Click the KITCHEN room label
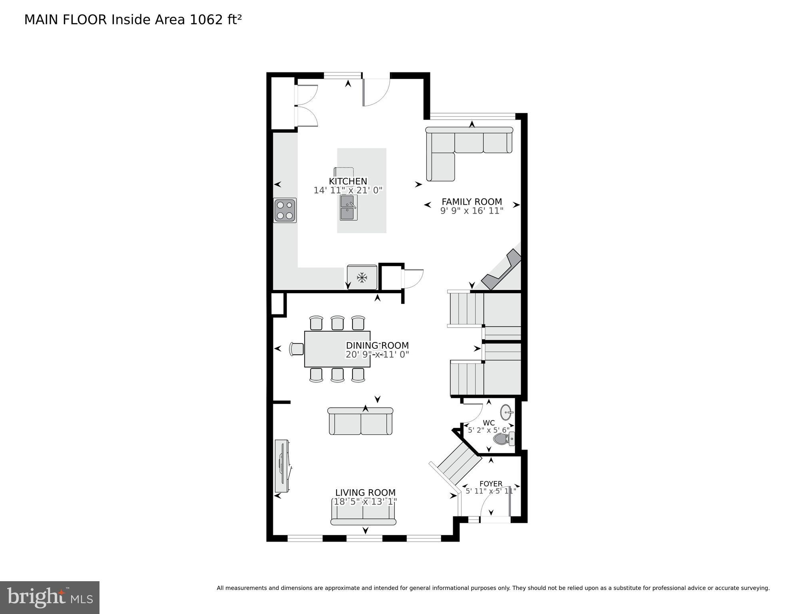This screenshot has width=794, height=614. (x=348, y=181)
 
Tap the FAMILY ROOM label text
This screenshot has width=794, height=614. (x=472, y=202)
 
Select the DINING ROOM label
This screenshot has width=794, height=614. (x=377, y=345)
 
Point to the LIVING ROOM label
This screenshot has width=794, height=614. (x=365, y=492)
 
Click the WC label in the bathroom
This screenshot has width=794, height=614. (x=489, y=423)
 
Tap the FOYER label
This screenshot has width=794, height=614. (x=491, y=484)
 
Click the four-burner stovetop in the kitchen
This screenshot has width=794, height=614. (x=285, y=210)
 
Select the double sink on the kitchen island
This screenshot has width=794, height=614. (x=349, y=208)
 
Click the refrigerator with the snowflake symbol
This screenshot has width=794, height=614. (x=362, y=277)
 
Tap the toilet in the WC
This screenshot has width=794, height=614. (x=503, y=439)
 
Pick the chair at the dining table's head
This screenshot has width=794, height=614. (x=297, y=349)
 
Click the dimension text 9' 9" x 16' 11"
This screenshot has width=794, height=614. (x=472, y=211)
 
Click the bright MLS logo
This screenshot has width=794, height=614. (x=50, y=597)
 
